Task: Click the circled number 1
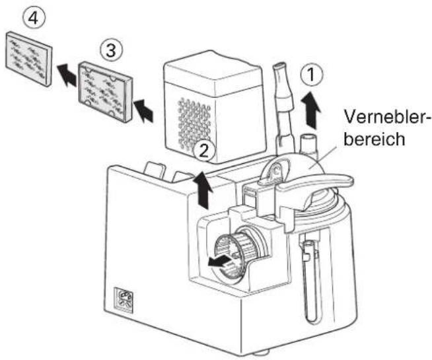tap(311, 75)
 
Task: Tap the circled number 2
tap(203, 151)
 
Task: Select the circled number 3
tap(111, 51)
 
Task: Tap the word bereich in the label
tap(375, 139)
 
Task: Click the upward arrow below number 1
tap(311, 110)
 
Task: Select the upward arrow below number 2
tap(203, 190)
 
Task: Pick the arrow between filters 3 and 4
tap(67, 74)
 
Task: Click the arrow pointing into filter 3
tap(143, 111)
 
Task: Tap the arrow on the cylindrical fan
tap(219, 261)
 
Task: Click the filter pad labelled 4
tap(29, 59)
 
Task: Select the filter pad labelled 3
tap(106, 92)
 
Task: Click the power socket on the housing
tap(124, 301)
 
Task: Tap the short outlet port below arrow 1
tap(309, 144)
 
